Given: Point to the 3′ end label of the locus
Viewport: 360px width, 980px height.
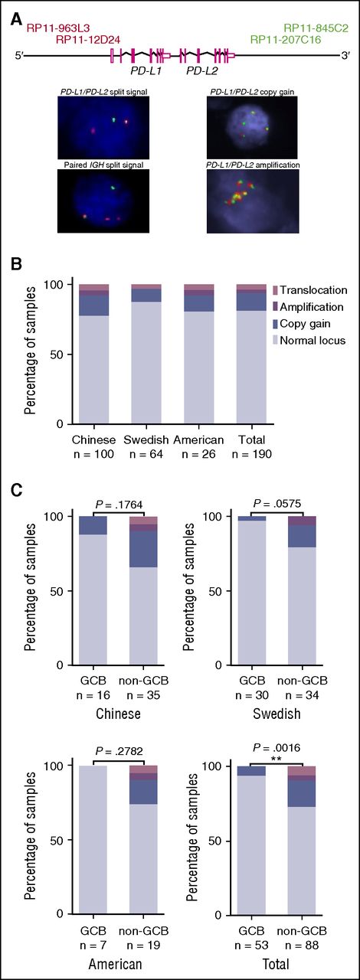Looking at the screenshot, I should [346, 55].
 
